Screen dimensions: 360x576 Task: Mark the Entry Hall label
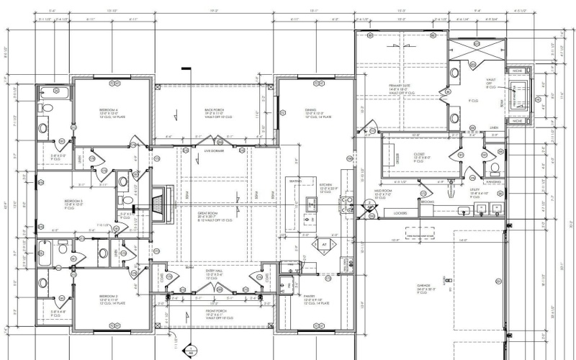(x=216, y=275)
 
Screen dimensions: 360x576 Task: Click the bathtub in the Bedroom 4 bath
(x=51, y=92)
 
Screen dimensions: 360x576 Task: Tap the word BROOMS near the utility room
(x=428, y=202)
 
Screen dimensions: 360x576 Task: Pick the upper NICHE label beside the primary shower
(x=516, y=73)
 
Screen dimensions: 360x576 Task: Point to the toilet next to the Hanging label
(x=495, y=170)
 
